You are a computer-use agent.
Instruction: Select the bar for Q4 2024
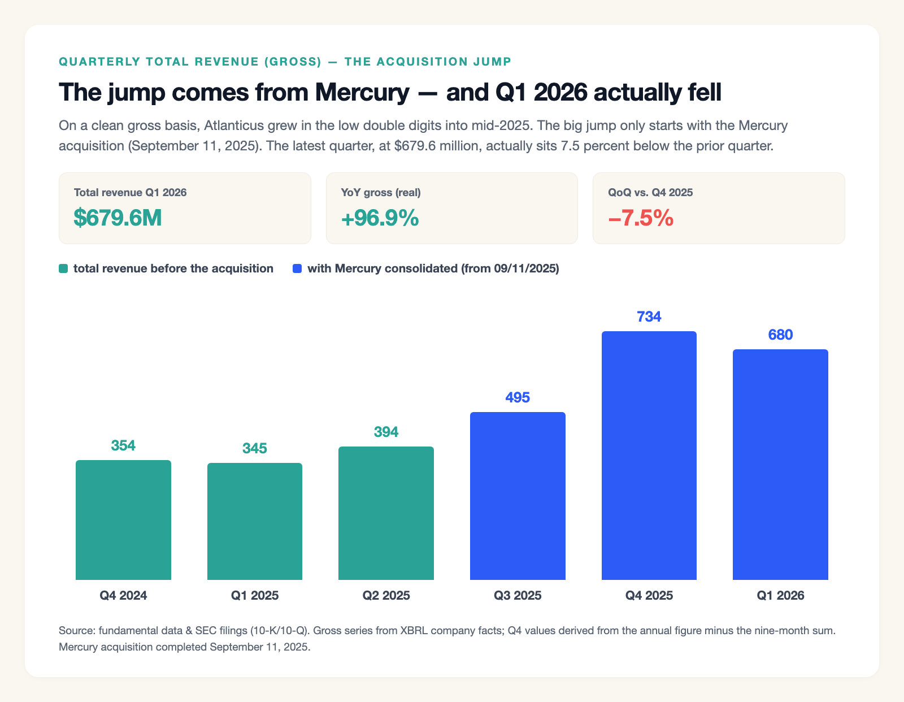click(123, 520)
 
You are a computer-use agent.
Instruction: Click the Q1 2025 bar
click(255, 521)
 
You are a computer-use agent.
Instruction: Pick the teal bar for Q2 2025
click(386, 513)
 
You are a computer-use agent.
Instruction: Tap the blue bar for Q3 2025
click(518, 496)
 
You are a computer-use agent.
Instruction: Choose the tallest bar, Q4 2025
click(649, 455)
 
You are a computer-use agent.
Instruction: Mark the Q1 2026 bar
click(780, 465)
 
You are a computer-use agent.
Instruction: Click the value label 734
click(649, 317)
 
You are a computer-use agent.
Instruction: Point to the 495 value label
click(518, 397)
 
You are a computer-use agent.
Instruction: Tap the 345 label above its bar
click(255, 448)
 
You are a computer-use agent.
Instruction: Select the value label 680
click(780, 335)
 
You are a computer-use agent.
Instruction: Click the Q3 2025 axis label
click(518, 596)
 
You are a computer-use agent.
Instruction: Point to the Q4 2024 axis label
click(123, 596)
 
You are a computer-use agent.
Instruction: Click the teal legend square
click(63, 268)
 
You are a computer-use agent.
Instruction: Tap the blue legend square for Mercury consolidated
click(297, 268)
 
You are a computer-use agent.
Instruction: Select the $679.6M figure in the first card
click(118, 218)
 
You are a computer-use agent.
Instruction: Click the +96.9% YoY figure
click(380, 218)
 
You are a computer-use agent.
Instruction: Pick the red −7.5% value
click(641, 218)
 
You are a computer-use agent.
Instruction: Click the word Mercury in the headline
click(362, 92)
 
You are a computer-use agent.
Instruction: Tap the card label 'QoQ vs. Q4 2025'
click(650, 192)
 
